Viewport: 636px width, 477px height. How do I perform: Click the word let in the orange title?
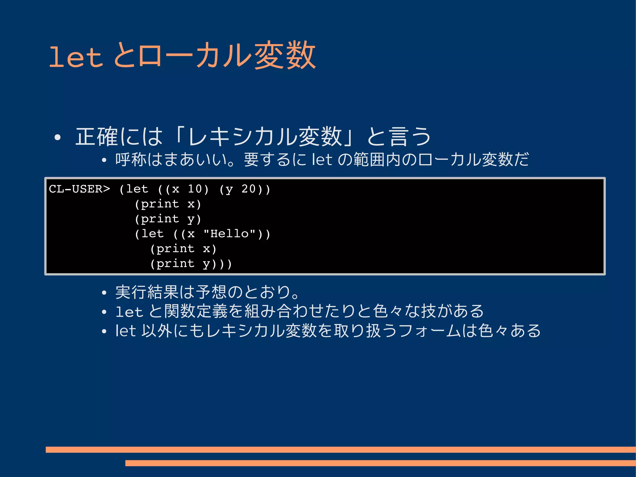tap(76, 57)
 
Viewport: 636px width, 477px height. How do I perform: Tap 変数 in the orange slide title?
tap(285, 56)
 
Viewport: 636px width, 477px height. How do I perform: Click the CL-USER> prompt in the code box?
tap(79, 189)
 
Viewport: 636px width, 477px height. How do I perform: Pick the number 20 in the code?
tap(248, 189)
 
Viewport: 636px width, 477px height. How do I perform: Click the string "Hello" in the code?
tap(229, 234)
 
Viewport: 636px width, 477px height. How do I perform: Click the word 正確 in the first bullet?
tap(97, 136)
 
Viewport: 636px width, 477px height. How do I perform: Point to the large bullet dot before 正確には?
tap(57, 138)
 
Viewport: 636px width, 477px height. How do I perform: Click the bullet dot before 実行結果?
tap(104, 293)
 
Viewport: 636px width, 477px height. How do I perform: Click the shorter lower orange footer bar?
tap(380, 463)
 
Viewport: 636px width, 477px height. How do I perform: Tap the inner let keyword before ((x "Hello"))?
tap(152, 234)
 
